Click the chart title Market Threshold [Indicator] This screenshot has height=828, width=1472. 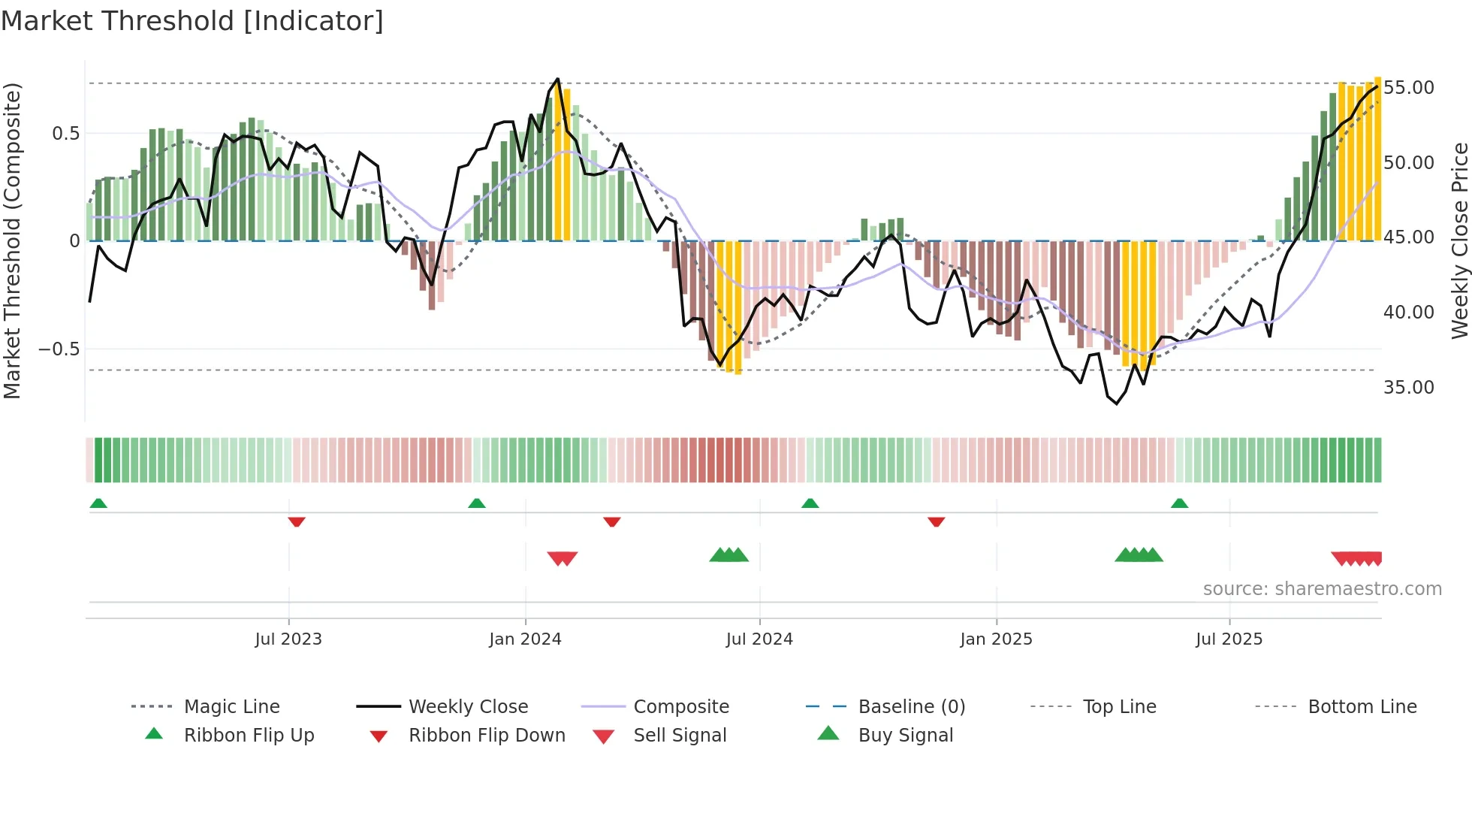coord(192,21)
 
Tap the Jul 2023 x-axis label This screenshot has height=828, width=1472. coord(288,639)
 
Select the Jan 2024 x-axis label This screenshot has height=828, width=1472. coord(525,639)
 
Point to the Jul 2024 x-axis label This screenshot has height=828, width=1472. coord(759,639)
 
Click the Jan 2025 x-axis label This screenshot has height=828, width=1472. coord(996,639)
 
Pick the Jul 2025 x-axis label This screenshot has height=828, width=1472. coord(1229,639)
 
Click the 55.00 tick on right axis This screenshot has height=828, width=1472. coord(1408,88)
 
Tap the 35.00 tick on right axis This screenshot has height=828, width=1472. coord(1408,388)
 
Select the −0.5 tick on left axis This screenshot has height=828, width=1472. coord(59,349)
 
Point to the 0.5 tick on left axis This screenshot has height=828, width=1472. coord(65,134)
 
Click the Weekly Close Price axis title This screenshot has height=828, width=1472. coord(1459,240)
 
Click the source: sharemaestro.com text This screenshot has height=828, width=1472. coord(1322,589)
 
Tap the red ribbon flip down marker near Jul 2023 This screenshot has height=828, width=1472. coord(297,521)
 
